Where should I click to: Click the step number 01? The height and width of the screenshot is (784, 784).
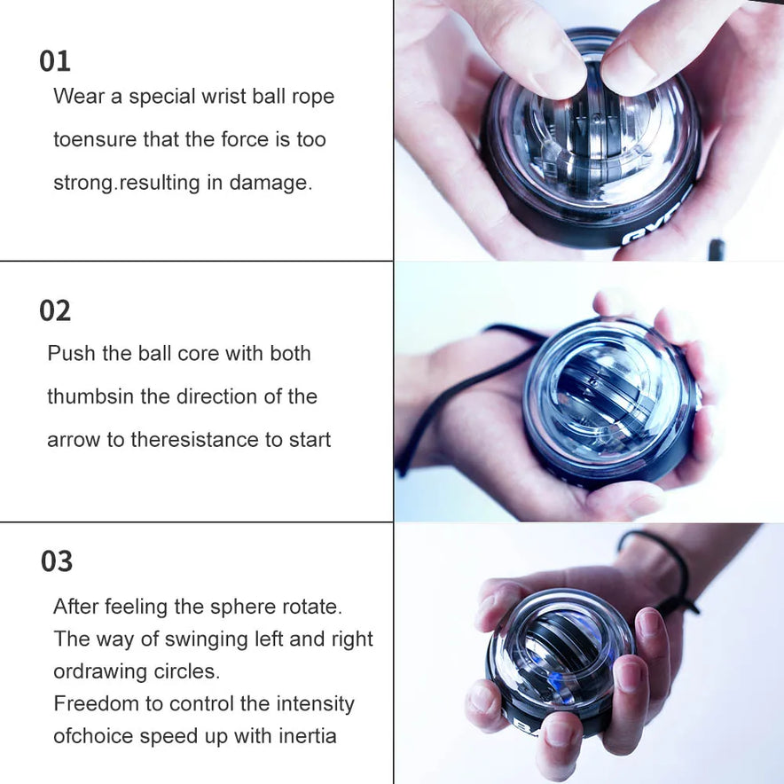point(55,61)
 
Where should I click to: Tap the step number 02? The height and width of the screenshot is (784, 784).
point(55,311)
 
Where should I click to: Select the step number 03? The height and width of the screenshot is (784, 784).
point(57,561)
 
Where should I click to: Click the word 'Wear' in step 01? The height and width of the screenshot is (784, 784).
point(78,97)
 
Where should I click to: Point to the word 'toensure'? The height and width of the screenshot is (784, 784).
point(94,140)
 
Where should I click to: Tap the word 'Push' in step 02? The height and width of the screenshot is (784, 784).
point(70,353)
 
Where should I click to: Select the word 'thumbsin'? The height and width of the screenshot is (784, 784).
point(90,396)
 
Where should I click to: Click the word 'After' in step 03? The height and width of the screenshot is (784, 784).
point(76,607)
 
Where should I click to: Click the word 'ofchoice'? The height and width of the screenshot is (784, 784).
point(93,736)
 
